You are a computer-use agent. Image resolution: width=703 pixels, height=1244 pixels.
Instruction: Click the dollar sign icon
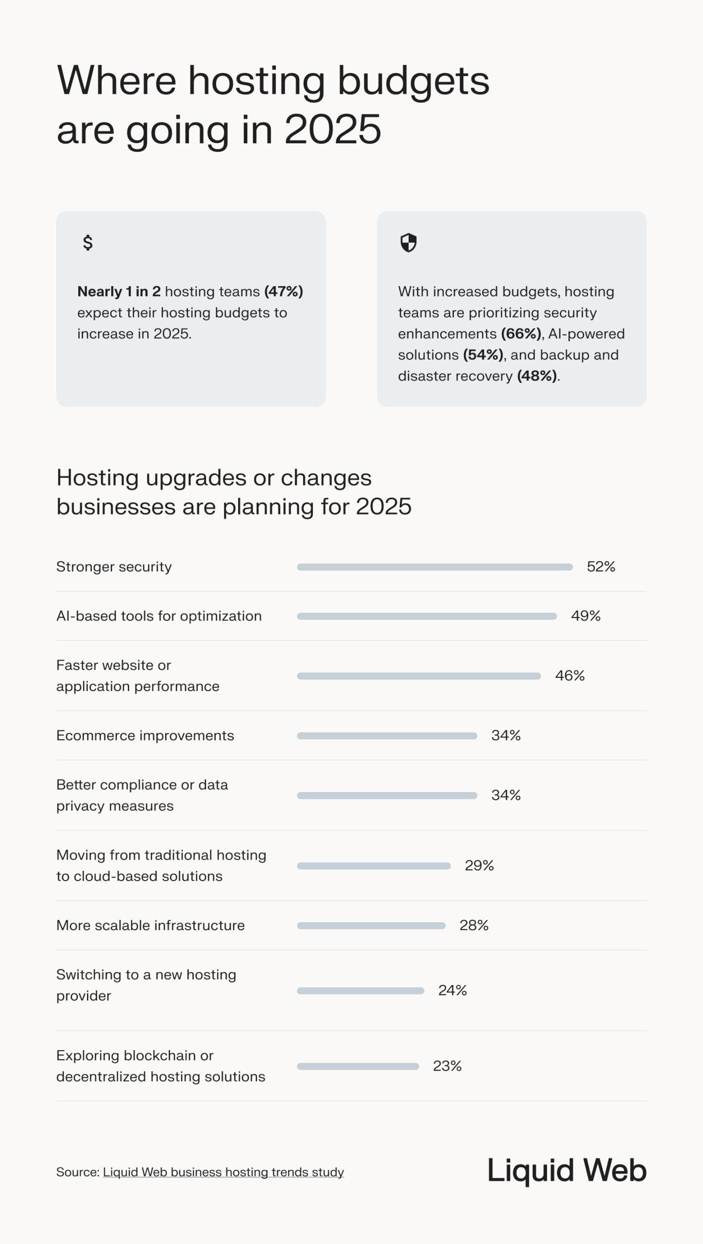click(x=87, y=242)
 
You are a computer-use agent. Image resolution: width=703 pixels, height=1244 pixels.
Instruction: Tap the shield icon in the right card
click(x=408, y=242)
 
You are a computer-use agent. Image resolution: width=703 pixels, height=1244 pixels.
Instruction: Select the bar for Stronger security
click(x=434, y=567)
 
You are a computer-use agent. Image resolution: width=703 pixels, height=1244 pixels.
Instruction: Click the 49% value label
click(x=585, y=616)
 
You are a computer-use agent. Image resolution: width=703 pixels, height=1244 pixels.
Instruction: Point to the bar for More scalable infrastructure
click(x=371, y=926)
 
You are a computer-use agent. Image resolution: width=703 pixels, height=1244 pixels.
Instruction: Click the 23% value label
click(x=447, y=1066)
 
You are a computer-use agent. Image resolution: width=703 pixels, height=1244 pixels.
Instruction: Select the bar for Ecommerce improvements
click(x=387, y=736)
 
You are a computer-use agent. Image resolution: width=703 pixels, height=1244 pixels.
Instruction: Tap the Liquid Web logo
click(x=566, y=1171)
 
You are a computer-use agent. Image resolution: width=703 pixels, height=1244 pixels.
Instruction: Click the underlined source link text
click(x=223, y=1172)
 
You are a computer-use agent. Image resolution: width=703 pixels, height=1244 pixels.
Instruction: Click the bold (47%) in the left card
click(x=284, y=292)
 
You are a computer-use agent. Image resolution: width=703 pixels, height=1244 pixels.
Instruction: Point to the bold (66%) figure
click(x=521, y=334)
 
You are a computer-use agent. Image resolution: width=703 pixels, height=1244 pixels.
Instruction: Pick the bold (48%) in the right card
click(x=537, y=376)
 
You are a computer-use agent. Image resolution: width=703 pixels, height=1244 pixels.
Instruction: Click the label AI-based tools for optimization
click(x=159, y=616)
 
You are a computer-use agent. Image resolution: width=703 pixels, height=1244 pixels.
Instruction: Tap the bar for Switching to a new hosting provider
click(x=360, y=991)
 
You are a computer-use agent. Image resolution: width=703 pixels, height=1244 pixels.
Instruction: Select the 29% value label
click(x=479, y=865)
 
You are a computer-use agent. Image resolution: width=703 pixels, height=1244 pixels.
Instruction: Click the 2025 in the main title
click(x=332, y=129)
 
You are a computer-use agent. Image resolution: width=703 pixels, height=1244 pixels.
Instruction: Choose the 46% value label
click(x=569, y=676)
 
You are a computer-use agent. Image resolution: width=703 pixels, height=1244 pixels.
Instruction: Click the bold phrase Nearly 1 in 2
click(x=119, y=292)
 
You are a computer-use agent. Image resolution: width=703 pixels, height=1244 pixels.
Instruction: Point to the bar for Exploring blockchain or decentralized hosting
click(x=358, y=1067)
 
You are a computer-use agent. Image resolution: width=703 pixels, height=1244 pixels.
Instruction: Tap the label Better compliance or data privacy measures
click(x=142, y=795)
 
